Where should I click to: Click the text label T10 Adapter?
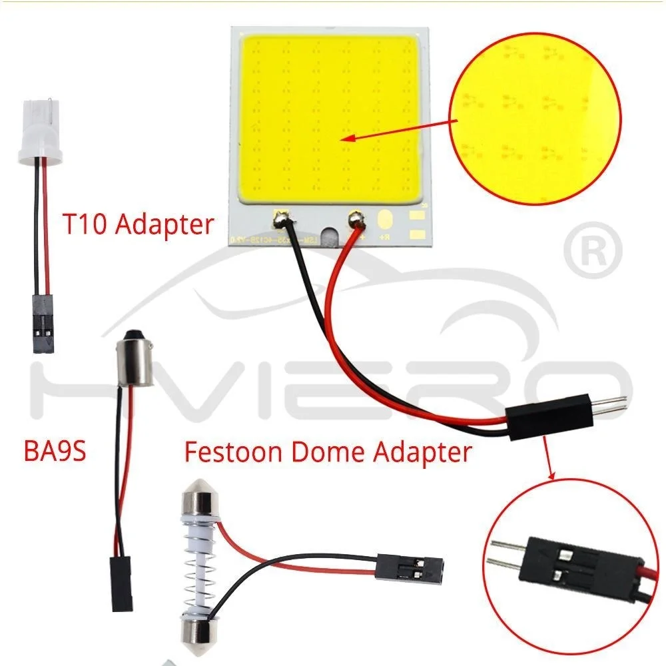tap(139, 224)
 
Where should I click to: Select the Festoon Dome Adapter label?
tap(328, 453)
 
